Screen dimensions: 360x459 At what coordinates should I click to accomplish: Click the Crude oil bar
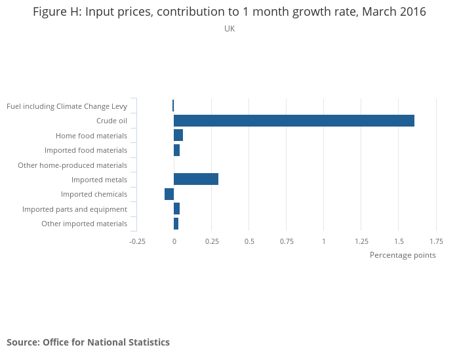294,121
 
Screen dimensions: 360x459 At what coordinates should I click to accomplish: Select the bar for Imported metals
196,179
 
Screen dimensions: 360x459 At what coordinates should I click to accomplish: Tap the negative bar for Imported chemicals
169,194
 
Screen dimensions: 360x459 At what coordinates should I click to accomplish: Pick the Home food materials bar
178,135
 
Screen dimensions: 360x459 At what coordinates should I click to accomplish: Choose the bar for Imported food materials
176,150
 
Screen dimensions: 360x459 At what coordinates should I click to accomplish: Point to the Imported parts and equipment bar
176,209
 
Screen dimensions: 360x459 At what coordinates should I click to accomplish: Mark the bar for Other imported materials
176,224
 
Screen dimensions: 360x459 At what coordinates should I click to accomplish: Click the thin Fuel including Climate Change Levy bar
173,106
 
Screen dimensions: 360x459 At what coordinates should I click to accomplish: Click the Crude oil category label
111,121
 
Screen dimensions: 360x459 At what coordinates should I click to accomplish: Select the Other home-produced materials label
72,165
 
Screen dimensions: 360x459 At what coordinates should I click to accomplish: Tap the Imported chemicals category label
94,194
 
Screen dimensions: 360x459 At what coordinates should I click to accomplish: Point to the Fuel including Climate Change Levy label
66,106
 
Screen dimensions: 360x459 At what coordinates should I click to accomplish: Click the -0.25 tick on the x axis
137,241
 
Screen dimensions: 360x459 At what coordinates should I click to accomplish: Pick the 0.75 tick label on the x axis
287,241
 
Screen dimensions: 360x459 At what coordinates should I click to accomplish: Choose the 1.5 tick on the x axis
398,241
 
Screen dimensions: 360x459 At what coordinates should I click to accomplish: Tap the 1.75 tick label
436,241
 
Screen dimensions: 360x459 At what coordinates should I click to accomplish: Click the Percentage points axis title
403,255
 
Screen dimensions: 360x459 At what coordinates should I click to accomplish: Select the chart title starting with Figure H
229,12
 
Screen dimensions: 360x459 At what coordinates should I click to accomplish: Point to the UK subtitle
229,29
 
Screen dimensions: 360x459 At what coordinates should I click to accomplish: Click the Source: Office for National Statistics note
88,342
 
